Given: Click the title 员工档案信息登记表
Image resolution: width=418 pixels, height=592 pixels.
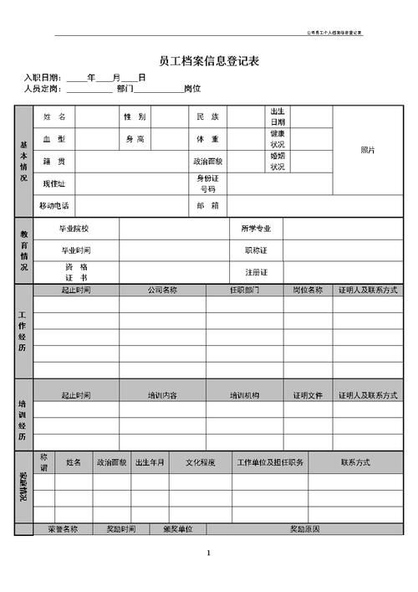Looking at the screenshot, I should point(208,60).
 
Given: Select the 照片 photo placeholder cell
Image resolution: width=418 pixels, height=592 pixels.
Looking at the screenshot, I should point(367,150).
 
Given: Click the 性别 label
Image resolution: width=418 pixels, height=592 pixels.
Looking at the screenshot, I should point(135,116).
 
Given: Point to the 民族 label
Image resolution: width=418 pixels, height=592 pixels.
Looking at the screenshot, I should point(207,116).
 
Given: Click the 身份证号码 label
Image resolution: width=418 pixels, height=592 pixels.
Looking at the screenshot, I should point(207,183).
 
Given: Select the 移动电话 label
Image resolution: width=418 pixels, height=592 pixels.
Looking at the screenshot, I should point(54,205).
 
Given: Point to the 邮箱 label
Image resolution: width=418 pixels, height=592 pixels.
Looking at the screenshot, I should point(207,205).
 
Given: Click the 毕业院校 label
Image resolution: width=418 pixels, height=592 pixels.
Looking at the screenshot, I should point(75,228).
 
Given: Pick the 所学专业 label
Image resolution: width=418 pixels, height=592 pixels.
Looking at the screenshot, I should point(256,228).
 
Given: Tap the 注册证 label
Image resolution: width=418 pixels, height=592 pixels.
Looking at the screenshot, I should point(256,272).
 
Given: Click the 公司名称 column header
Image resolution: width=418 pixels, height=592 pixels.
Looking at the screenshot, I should point(162,290).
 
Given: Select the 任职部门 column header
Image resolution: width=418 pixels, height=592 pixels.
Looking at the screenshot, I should point(244,290).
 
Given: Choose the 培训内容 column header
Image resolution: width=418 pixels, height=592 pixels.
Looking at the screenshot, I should point(162,394).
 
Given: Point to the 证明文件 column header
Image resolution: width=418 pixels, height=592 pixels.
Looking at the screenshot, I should point(307,394).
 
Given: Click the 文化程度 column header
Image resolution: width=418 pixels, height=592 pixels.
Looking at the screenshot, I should point(200,461).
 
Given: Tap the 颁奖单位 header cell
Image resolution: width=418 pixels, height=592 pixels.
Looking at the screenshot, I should point(177,529).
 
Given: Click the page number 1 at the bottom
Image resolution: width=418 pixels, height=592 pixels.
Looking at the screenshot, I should point(208,553).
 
